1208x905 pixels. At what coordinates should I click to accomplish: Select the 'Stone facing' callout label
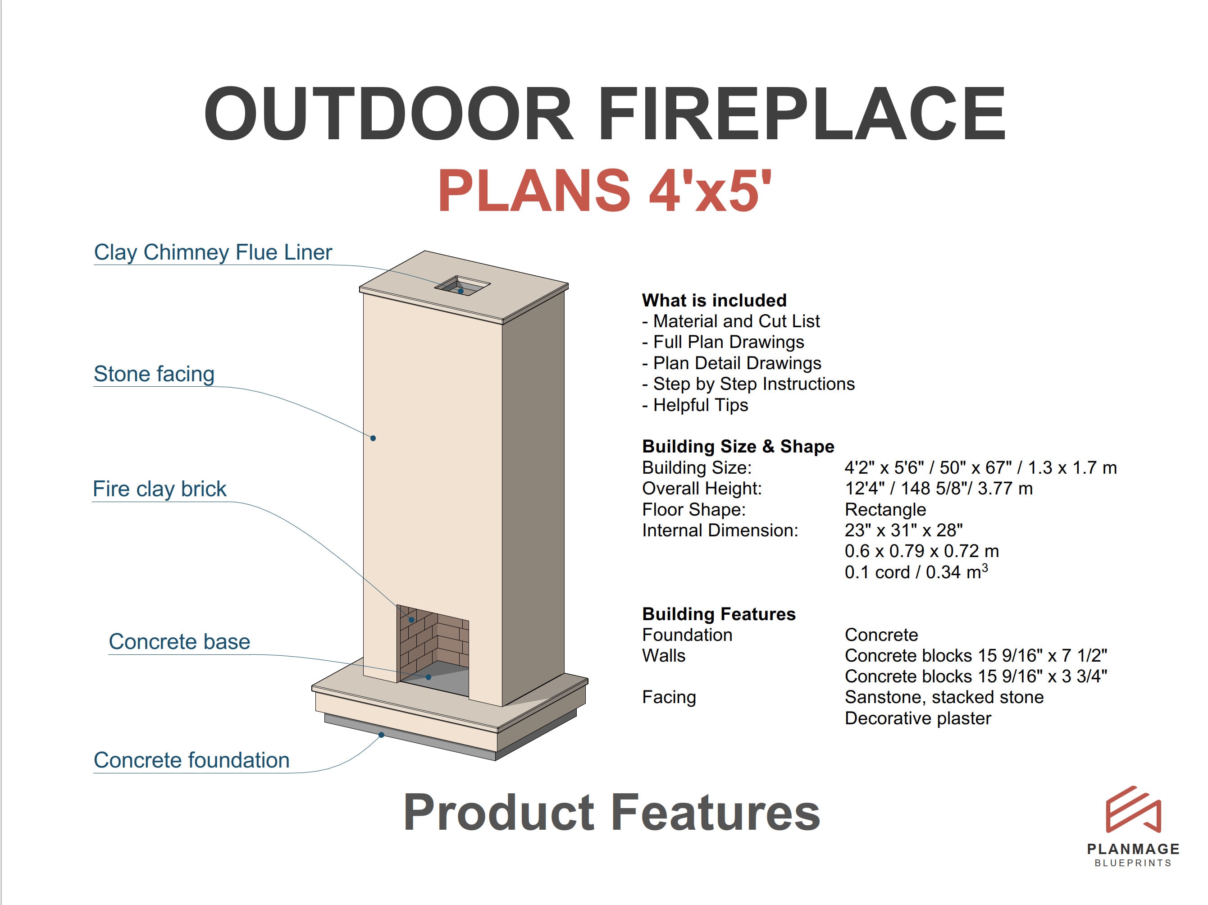[154, 374]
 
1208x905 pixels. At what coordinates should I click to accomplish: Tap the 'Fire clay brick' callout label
[160, 489]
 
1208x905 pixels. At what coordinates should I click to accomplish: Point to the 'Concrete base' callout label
[179, 642]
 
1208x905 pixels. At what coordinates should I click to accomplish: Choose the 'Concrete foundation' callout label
[191, 760]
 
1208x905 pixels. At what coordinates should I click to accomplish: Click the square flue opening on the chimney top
[463, 285]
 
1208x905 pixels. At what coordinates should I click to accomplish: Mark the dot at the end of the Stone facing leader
[373, 438]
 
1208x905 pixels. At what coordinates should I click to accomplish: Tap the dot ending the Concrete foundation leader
[381, 735]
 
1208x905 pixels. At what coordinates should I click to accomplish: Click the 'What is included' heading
[714, 301]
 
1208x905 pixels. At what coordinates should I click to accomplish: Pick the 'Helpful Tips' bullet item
[700, 405]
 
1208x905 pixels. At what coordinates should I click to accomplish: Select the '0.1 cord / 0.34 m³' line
[916, 572]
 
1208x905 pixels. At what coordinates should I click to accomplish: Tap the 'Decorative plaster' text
[917, 718]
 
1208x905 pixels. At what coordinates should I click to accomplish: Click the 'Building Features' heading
[719, 614]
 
